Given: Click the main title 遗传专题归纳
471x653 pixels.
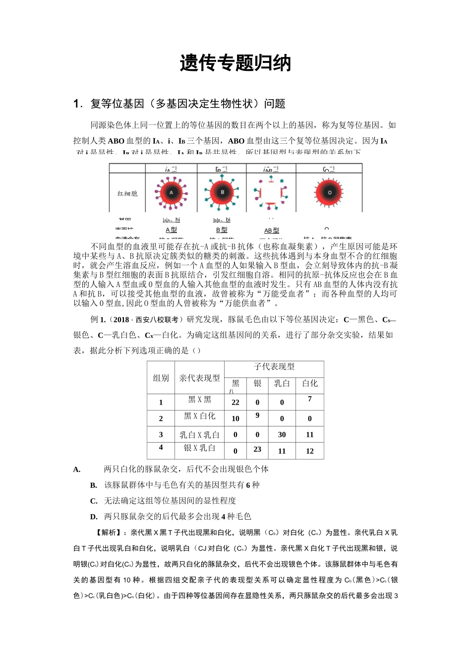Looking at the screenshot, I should [235, 63].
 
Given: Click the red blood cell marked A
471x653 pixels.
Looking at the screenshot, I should [171, 192].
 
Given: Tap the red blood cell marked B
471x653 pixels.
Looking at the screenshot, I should [222, 192].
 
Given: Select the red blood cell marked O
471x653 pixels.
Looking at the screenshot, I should [329, 192].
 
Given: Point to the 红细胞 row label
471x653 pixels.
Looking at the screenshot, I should [127, 193].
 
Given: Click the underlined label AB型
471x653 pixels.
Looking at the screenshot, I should [272, 231].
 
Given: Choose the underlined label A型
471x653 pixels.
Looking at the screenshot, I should [171, 230].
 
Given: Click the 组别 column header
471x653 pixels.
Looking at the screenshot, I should [161, 378].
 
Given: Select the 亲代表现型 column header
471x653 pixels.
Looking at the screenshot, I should [199, 378].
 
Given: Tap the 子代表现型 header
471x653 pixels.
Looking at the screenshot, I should [274, 367].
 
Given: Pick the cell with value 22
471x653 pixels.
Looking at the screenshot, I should [235, 403].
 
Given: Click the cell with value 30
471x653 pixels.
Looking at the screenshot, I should [282, 435].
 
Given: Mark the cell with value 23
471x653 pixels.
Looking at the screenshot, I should [257, 449].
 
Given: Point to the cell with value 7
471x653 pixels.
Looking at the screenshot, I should [310, 399].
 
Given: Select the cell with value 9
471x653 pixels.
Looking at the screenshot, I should [257, 416].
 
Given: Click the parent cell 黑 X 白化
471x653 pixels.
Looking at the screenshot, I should [199, 416].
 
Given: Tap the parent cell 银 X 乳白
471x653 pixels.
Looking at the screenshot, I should [199, 448].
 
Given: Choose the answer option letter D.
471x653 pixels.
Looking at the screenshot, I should [94, 517].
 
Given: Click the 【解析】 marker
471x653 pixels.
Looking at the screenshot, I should [109, 533].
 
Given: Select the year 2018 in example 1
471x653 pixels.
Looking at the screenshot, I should [121, 320].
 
